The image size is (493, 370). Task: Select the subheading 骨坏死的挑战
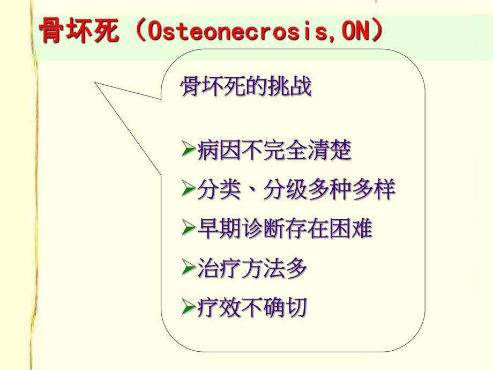pos(246,87)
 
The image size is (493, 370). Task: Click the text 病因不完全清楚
pos(274,151)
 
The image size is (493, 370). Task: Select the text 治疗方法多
pos(252,268)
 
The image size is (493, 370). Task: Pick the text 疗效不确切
pos(252,307)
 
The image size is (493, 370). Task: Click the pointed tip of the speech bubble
pos(96,84)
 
